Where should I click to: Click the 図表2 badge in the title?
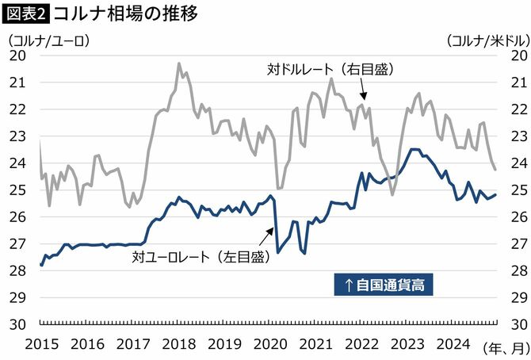[x=26, y=13]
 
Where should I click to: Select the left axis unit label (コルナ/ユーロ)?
[x=47, y=39]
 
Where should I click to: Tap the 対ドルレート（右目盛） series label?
[x=326, y=70]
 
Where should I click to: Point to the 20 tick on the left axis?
[x=17, y=55]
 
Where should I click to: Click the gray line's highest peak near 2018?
[x=178, y=63]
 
